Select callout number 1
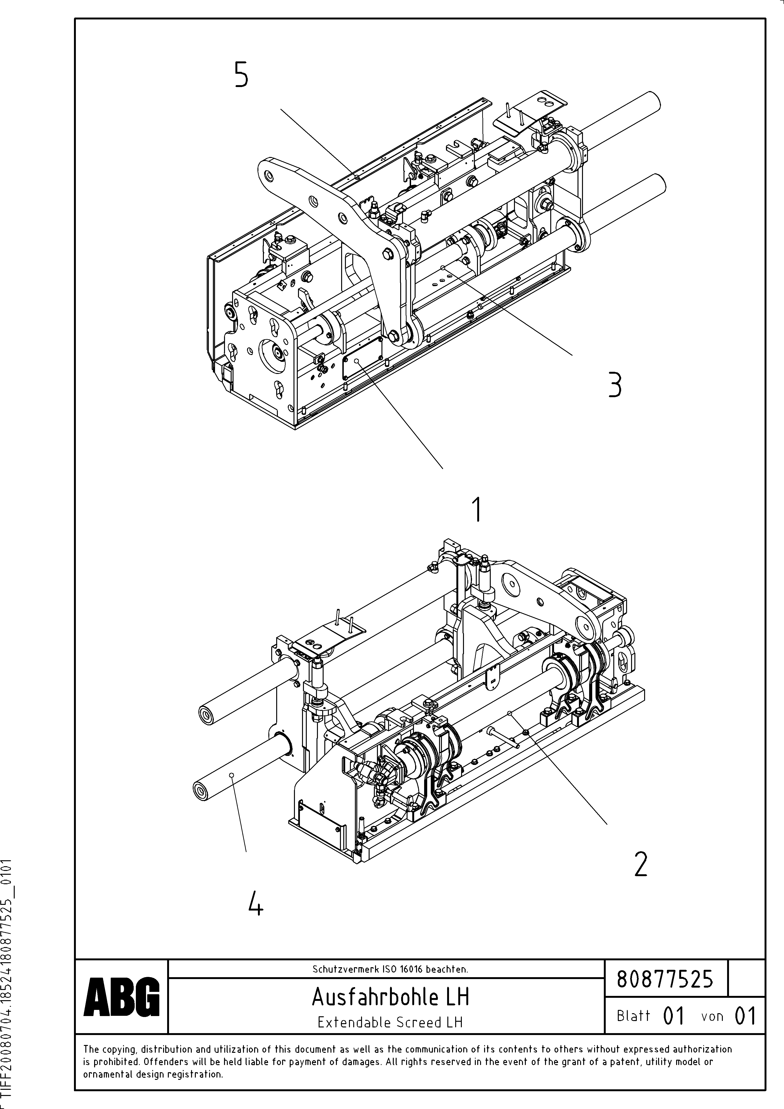pyautogui.click(x=477, y=510)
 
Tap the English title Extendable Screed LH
pyautogui.click(x=390, y=1022)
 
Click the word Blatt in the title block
pyautogui.click(x=633, y=1016)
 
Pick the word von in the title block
pyautogui.click(x=712, y=1016)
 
